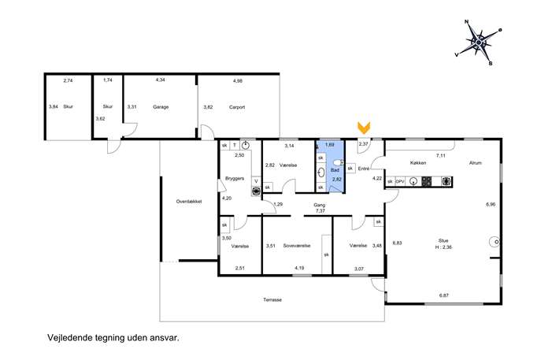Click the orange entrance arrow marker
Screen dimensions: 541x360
pyautogui.click(x=364, y=128)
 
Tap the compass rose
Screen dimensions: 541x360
pyautogui.click(x=479, y=43)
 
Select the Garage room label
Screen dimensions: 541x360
pyautogui.click(x=161, y=107)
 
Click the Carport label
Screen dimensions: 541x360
pyautogui.click(x=237, y=107)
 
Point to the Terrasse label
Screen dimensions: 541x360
pyautogui.click(x=272, y=300)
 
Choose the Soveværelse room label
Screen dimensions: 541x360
pyautogui.click(x=297, y=246)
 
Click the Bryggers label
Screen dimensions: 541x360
pyautogui.click(x=235, y=179)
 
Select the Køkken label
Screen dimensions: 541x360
pyautogui.click(x=418, y=163)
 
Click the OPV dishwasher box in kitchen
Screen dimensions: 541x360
pyautogui.click(x=400, y=181)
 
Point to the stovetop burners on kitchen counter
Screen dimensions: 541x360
pyautogui.click(x=427, y=181)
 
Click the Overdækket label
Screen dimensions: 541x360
pyautogui.click(x=189, y=202)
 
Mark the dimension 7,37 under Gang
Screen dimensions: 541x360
pyautogui.click(x=321, y=211)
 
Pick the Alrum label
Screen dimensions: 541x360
pyautogui.click(x=475, y=163)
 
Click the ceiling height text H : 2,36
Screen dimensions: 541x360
pyautogui.click(x=443, y=247)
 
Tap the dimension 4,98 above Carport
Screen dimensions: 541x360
pyautogui.click(x=238, y=81)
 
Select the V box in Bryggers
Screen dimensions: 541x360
pyautogui.click(x=256, y=181)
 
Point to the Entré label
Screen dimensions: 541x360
pyautogui.click(x=364, y=169)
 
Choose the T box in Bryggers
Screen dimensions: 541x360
pyautogui.click(x=234, y=145)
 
